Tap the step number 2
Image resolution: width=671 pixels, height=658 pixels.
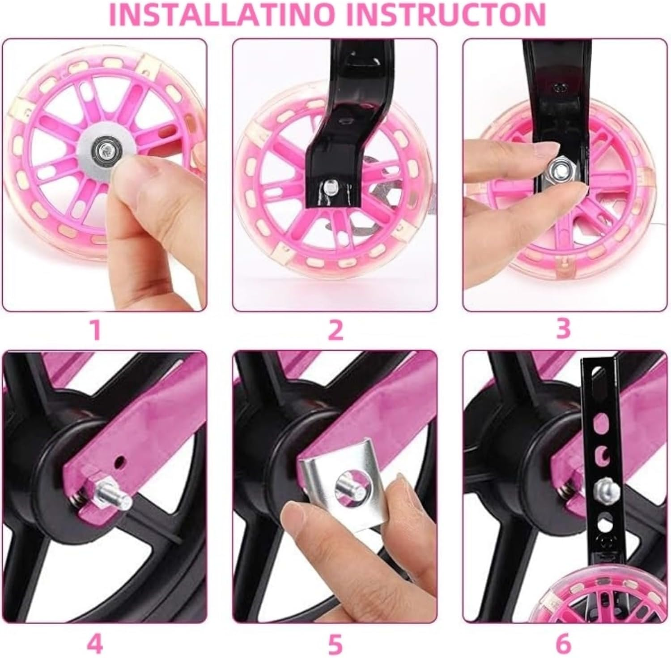(x=335, y=330)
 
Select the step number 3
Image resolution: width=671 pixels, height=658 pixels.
(x=563, y=329)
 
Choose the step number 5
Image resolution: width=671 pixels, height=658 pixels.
(x=335, y=645)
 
